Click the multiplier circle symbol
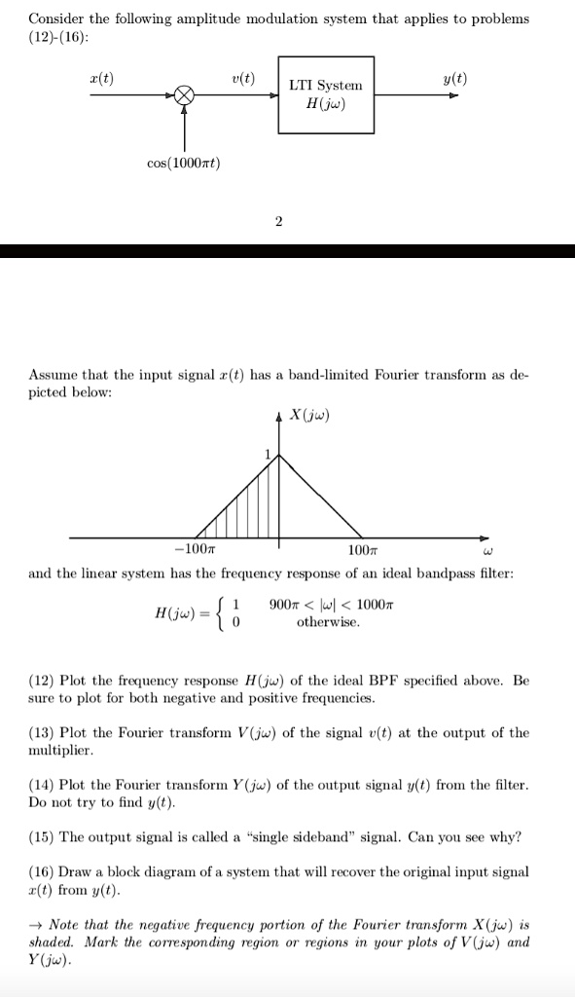[x=185, y=95]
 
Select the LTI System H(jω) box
[x=325, y=94]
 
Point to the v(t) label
[x=244, y=79]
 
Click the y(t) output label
[x=454, y=79]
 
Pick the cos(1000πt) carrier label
[x=185, y=163]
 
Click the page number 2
[x=278, y=221]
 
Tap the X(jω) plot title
[x=310, y=417]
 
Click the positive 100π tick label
[x=360, y=551]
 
